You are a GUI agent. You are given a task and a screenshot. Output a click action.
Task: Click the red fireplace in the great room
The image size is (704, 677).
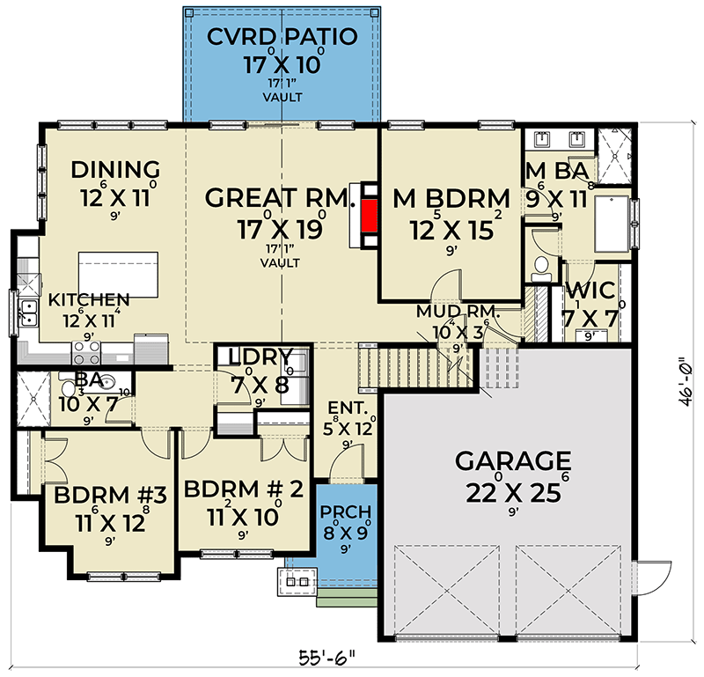369,217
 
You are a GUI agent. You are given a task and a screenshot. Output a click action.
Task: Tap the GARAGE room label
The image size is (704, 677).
513,460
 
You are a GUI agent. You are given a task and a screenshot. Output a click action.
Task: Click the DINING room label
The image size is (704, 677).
103,169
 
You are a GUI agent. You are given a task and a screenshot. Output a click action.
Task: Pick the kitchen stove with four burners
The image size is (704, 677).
88,352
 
